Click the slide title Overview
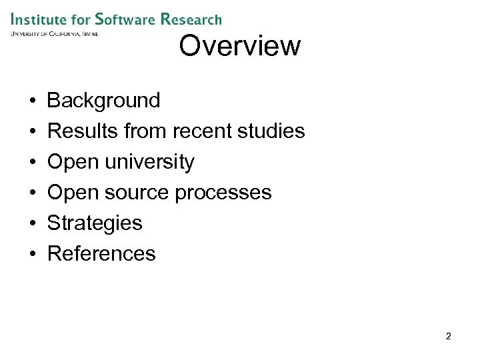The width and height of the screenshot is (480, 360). click(x=240, y=46)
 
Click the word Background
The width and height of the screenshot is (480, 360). click(x=103, y=101)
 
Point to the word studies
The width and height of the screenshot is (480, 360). click(x=271, y=131)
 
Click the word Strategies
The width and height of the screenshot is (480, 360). click(x=95, y=223)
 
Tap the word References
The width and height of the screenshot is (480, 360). click(x=101, y=253)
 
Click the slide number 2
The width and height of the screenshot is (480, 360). click(x=448, y=337)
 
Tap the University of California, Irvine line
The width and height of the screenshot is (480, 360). click(x=54, y=33)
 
